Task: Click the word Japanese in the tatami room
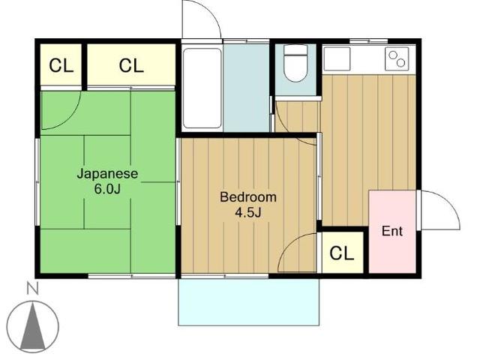[x=107, y=174]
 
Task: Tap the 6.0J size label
[x=107, y=189]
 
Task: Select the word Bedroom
[x=248, y=196]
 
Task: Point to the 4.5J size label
[x=248, y=212]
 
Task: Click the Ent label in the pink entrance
[x=392, y=231]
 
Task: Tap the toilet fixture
[x=295, y=63]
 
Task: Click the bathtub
[x=202, y=88]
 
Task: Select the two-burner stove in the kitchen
[x=397, y=58]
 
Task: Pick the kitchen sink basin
[x=337, y=58]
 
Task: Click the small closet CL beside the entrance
[x=342, y=253]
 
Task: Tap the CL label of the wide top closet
[x=131, y=65]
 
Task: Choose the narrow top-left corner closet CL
[x=61, y=65]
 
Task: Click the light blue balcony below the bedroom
[x=249, y=301]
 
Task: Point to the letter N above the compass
[x=33, y=289]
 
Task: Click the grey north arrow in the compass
[x=32, y=326]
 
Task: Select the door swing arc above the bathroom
[x=211, y=12]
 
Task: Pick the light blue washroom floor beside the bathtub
[x=247, y=88]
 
